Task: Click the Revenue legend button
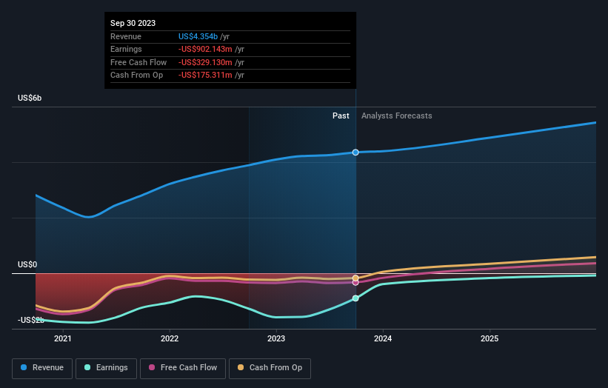42,368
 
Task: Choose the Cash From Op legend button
270,368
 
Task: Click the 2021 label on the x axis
63,339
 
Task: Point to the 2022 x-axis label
170,339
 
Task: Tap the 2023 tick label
276,339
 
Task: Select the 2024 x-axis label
383,339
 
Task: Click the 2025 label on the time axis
490,339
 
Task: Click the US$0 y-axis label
28,264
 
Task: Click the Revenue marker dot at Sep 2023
355,153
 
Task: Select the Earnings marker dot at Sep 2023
355,298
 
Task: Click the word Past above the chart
341,116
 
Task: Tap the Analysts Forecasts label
396,116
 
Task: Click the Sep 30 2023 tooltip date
133,23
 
